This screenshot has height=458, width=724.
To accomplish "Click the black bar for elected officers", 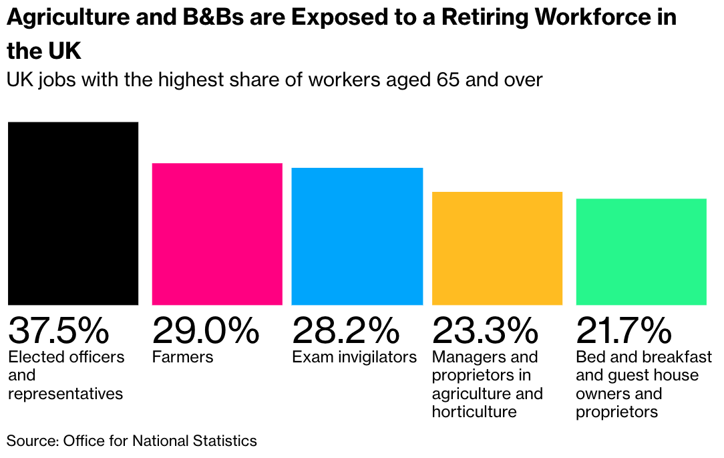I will (x=73, y=213).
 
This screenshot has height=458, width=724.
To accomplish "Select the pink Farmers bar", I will (x=217, y=234).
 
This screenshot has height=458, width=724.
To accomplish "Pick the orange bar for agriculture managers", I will (x=497, y=248).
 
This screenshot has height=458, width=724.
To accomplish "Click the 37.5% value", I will (x=58, y=330).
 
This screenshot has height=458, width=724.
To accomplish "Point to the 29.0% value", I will (x=205, y=330).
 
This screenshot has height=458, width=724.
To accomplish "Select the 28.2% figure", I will (x=345, y=330).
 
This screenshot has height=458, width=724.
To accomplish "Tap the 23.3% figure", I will (x=485, y=330).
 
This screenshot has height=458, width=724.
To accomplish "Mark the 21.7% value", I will (x=624, y=330).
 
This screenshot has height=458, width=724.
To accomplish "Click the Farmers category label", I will (x=183, y=357).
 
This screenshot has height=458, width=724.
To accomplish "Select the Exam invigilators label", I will (x=354, y=357).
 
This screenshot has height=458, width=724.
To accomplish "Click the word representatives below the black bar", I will (x=65, y=394).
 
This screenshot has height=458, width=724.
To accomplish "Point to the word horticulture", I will (x=474, y=412).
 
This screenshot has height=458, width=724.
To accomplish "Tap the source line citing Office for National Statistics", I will (x=132, y=441).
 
